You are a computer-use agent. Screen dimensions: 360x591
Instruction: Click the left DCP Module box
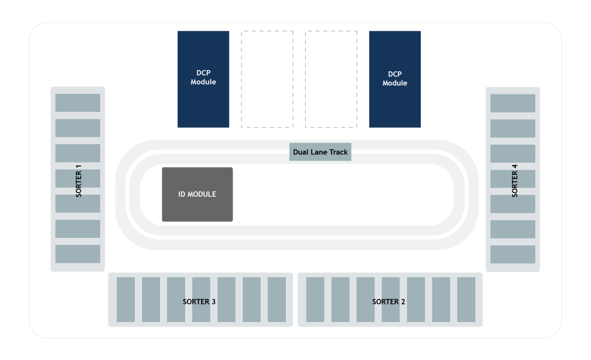(203, 78)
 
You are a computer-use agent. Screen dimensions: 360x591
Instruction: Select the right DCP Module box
(394, 78)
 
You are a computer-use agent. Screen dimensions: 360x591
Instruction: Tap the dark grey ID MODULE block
(197, 194)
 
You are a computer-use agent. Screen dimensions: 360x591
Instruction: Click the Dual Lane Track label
(320, 152)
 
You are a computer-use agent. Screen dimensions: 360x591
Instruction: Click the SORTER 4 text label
(515, 181)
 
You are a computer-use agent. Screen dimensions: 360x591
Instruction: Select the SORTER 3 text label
(198, 301)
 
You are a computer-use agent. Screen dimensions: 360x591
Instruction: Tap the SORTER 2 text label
(389, 301)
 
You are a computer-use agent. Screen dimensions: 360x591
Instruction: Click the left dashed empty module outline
(267, 78)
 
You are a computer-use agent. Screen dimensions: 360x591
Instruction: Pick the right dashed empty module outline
(331, 78)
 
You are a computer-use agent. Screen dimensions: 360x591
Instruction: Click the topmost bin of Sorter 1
(78, 103)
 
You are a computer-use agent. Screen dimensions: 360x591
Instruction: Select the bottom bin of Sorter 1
(78, 254)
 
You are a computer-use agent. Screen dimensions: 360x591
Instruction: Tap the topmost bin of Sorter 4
(513, 103)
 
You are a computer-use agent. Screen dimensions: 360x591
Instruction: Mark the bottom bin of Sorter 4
(513, 254)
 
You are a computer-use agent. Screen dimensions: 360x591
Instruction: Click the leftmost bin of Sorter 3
(126, 300)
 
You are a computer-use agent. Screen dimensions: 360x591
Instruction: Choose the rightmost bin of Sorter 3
(277, 300)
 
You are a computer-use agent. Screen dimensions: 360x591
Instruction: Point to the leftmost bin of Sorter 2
(315, 300)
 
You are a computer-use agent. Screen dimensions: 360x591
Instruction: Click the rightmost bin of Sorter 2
(466, 300)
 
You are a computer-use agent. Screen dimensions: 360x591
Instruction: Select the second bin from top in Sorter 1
(78, 128)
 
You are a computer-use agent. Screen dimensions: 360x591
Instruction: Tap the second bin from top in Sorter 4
(513, 128)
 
